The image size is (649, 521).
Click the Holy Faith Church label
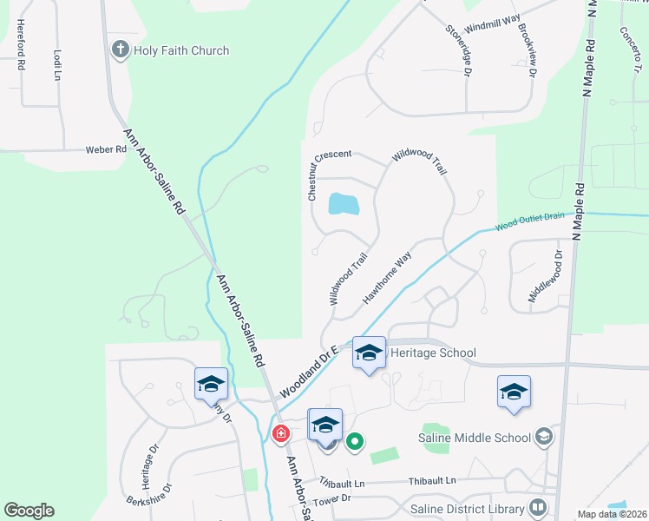[x=181, y=50]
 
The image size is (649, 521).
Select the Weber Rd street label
[x=106, y=149]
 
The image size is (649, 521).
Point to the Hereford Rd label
[x=20, y=51]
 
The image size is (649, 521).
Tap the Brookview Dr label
[x=528, y=47]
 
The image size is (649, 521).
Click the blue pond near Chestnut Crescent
[x=344, y=204]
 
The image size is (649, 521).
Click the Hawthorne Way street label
[x=386, y=277]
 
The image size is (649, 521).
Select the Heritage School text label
[x=433, y=353]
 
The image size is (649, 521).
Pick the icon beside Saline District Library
[x=538, y=507]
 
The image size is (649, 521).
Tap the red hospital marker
[x=280, y=433]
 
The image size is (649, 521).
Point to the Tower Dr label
[x=334, y=498]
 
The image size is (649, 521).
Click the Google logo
[x=29, y=511]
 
